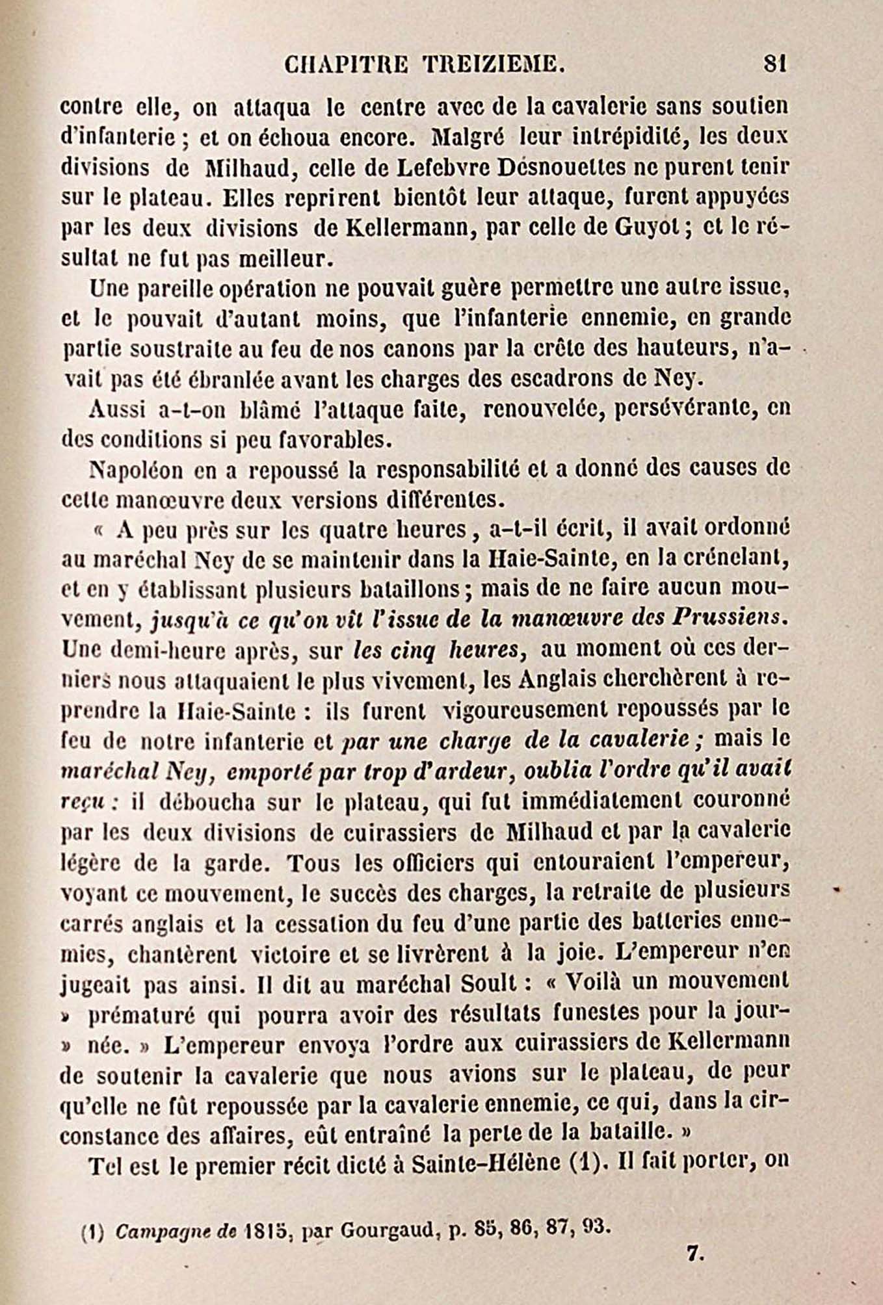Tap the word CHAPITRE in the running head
pyautogui.click(x=347, y=64)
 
